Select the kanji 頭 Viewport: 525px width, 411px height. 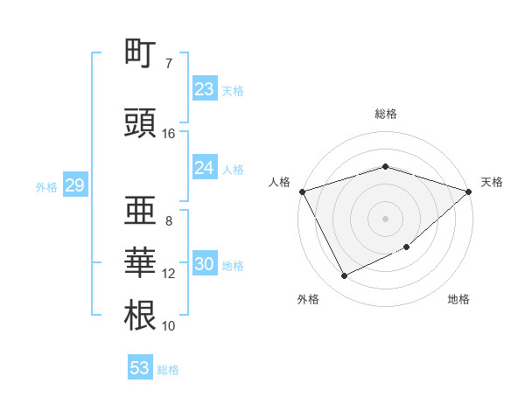(x=140, y=122)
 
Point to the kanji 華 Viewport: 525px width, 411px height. (x=140, y=262)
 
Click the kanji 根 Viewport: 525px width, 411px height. (x=140, y=315)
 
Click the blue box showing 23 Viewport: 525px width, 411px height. (x=204, y=89)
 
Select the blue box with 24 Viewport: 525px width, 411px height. (x=204, y=168)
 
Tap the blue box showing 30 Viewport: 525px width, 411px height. (x=204, y=265)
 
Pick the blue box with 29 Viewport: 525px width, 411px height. (x=74, y=185)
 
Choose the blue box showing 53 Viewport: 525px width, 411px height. (x=140, y=368)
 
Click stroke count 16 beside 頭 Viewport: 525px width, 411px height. (x=169, y=134)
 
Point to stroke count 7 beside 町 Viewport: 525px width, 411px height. (x=169, y=64)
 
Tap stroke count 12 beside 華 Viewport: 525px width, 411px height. (x=169, y=274)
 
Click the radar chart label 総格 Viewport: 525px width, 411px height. (x=385, y=114)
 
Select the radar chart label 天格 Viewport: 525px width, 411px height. (x=492, y=182)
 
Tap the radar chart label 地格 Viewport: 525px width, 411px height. (x=458, y=299)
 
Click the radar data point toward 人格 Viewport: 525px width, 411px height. (x=302, y=192)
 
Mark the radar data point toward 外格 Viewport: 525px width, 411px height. (x=344, y=276)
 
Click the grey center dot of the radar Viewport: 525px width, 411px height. (x=385, y=218)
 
